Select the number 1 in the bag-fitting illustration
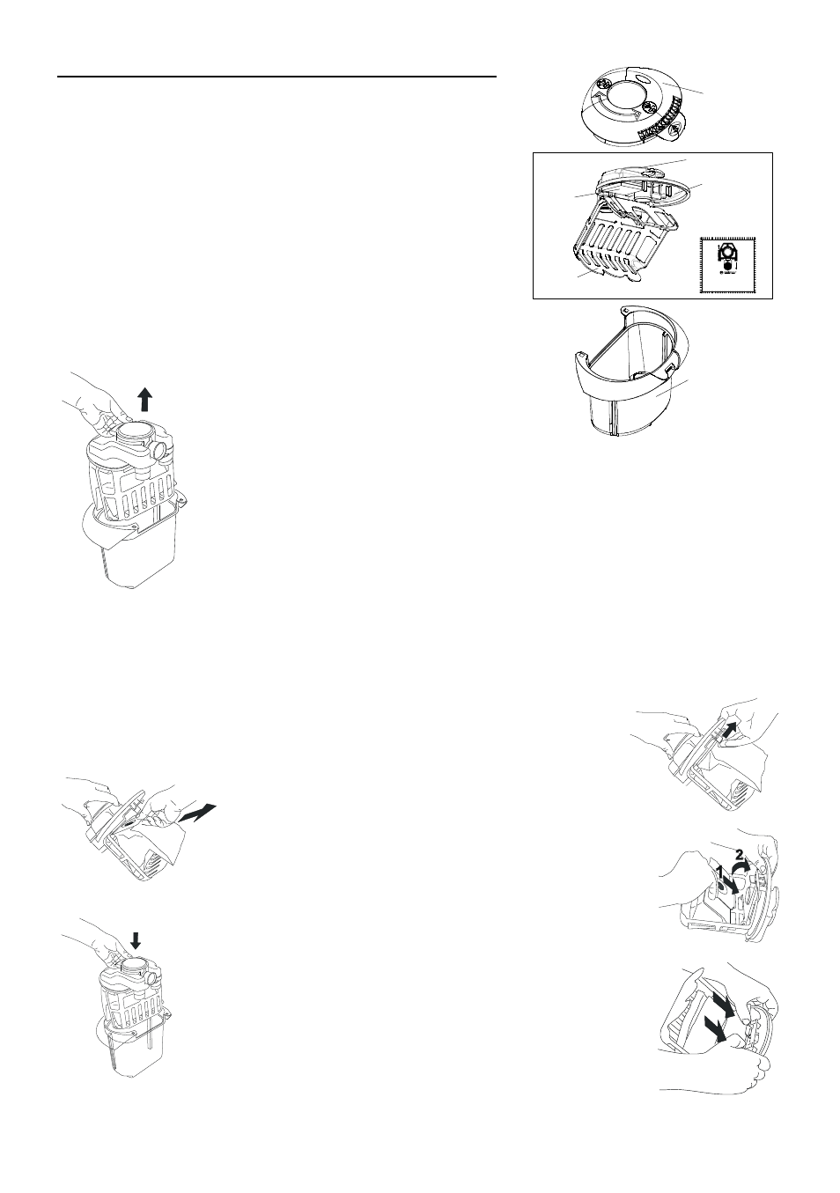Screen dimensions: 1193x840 point(719,871)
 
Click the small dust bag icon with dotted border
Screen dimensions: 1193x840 point(728,263)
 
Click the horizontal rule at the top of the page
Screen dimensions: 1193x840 point(277,77)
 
